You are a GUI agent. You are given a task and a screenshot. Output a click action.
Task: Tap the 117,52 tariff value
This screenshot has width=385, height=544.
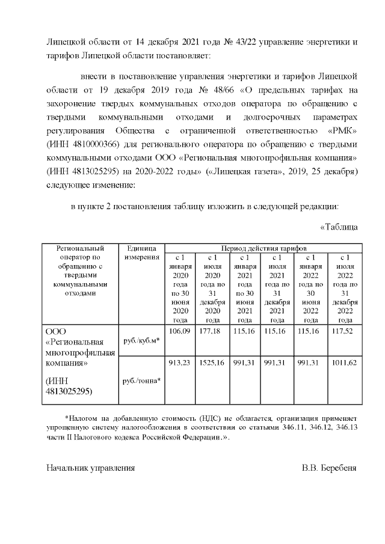pos(345,332)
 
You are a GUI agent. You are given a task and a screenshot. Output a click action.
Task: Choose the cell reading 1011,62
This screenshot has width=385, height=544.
pos(345,362)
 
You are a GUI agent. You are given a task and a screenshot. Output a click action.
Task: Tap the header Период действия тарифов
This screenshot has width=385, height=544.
pos(263,248)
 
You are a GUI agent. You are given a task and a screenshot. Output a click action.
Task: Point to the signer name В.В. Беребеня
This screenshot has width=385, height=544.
pos(330,467)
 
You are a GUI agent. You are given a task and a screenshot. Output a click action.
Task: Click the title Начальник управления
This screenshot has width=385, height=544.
pos(91,467)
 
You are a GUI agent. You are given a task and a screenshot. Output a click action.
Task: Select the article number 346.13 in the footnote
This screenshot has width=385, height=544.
pos(345,427)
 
